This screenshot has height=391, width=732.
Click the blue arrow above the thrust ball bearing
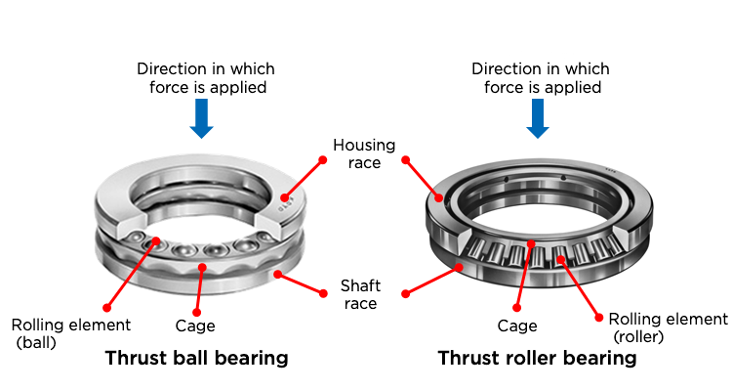[x=201, y=117]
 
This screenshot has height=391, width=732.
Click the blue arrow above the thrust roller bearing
[x=536, y=117]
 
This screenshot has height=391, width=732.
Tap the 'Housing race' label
[x=364, y=153]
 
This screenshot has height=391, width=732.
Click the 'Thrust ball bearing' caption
[x=196, y=358]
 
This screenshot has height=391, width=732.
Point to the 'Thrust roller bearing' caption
[x=537, y=358]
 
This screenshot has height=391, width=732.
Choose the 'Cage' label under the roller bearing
[x=519, y=326]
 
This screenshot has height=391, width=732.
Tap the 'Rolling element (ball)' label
[x=70, y=333]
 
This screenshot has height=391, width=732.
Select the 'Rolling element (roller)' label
[x=668, y=328]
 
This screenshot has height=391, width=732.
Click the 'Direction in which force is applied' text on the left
[x=206, y=78]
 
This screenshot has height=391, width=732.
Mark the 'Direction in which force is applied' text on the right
[x=541, y=78]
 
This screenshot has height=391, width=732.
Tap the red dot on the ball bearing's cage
[x=203, y=265]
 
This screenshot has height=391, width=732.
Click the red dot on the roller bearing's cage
[x=532, y=243]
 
